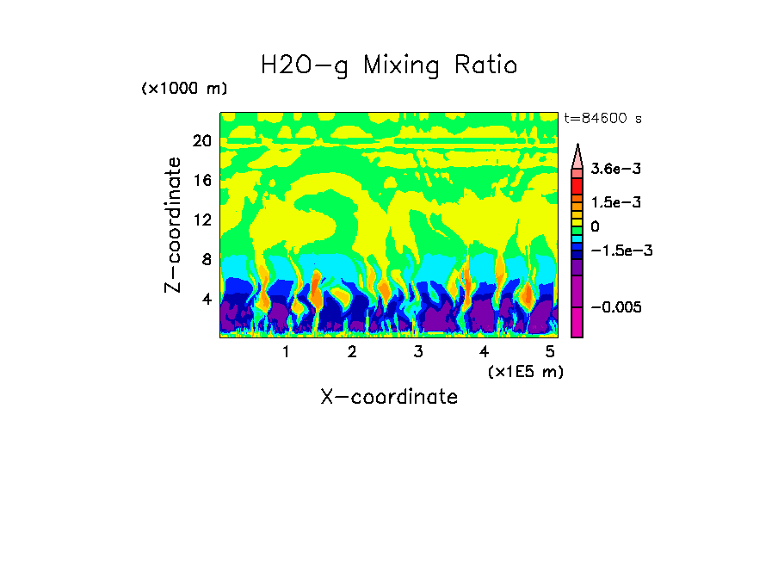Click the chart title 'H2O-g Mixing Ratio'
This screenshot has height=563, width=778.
389,65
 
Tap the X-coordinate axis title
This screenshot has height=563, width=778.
389,397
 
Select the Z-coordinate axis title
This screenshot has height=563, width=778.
174,225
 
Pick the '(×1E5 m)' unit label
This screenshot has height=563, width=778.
525,371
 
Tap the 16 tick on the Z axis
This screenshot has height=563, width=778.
201,180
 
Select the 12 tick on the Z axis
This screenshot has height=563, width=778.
201,220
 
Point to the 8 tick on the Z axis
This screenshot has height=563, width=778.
206,259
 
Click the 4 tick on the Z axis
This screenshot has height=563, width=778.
206,299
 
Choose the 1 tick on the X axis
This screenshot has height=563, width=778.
286,351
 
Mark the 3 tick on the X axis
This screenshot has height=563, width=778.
417,351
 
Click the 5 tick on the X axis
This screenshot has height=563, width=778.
550,351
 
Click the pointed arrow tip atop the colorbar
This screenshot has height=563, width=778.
577,148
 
